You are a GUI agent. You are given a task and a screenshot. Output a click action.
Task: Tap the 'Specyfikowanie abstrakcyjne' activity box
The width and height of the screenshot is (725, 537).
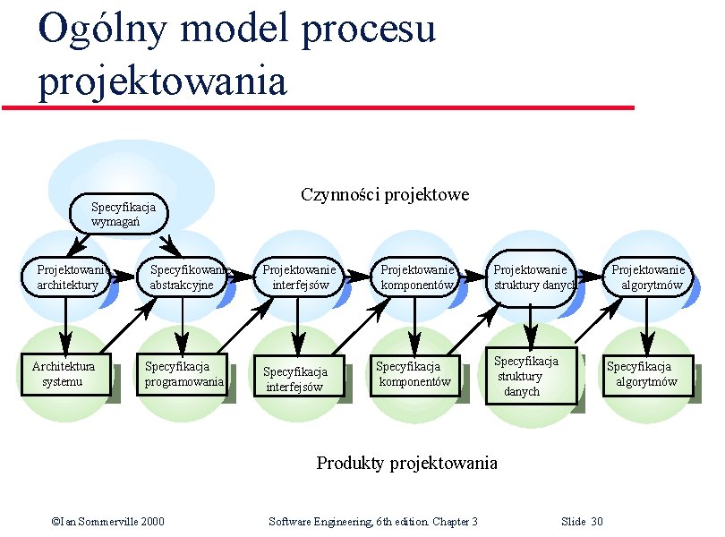click(x=183, y=277)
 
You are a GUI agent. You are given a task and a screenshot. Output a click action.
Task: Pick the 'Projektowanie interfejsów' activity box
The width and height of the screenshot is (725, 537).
click(x=300, y=277)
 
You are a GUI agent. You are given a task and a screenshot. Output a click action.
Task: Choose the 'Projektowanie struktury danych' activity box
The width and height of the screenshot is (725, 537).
click(x=532, y=277)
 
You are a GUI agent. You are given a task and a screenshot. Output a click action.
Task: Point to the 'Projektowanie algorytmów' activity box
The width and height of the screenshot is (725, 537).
click(x=646, y=277)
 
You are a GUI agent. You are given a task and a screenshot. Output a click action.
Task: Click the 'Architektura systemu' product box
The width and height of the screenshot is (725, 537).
click(x=65, y=374)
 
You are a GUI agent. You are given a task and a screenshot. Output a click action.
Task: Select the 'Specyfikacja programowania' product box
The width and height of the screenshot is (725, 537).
click(x=183, y=374)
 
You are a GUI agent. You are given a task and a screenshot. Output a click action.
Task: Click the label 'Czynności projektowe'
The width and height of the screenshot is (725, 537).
click(x=385, y=195)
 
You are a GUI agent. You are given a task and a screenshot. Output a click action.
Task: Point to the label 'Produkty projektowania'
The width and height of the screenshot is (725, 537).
click(x=406, y=463)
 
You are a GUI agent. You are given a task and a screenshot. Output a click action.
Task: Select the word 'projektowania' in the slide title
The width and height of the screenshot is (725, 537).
click(x=162, y=81)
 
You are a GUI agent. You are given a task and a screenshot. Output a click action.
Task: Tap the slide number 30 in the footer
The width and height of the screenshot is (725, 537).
click(x=597, y=522)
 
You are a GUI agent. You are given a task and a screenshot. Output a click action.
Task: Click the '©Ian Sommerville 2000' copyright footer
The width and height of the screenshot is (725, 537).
click(x=107, y=522)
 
